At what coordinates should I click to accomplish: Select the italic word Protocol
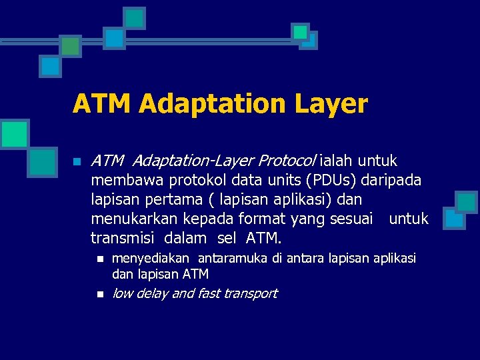click(287, 161)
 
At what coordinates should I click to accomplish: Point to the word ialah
click(337, 161)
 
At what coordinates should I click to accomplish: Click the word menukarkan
click(131, 219)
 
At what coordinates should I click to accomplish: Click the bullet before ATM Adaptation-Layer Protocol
click(77, 161)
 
